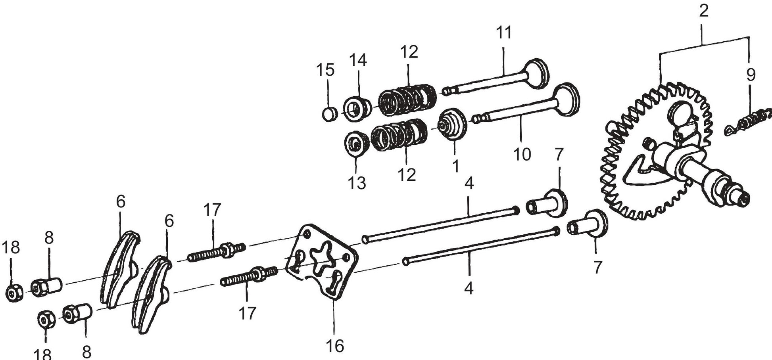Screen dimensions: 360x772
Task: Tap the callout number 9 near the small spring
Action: click(x=751, y=75)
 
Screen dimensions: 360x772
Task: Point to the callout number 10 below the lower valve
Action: click(x=522, y=154)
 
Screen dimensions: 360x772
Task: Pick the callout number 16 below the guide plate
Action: click(x=334, y=346)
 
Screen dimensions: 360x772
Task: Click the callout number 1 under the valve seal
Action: click(x=455, y=166)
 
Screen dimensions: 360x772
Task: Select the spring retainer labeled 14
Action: click(x=357, y=107)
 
